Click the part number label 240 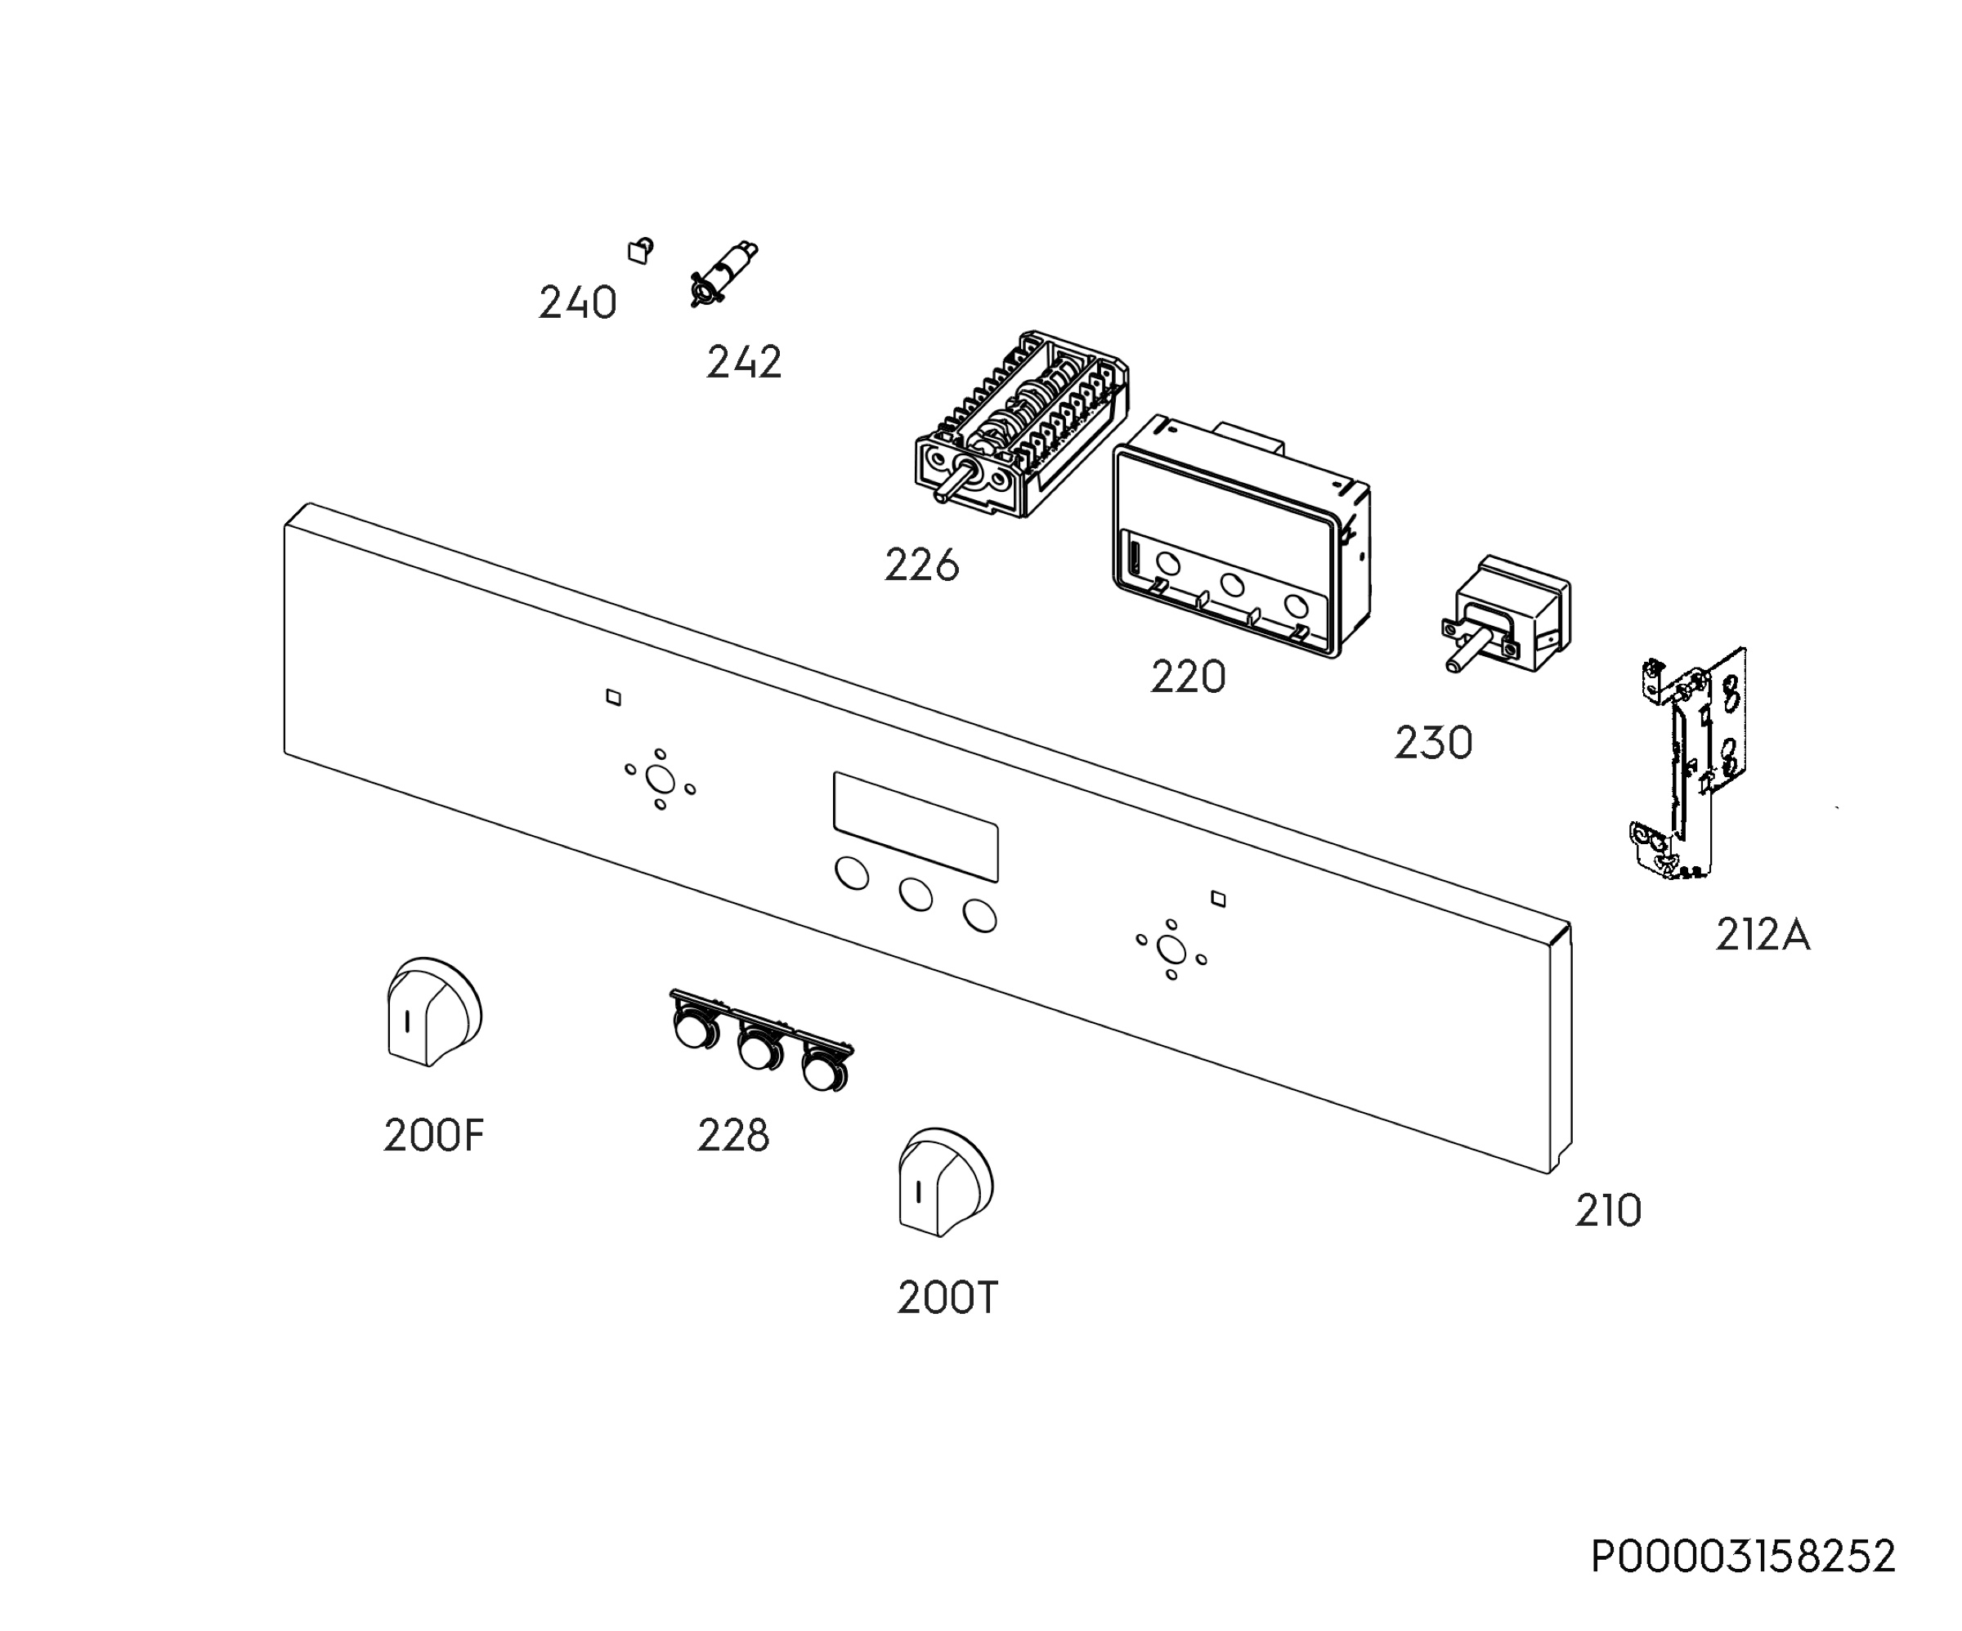(x=577, y=302)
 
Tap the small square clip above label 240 (x=640, y=250)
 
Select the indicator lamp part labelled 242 (x=723, y=273)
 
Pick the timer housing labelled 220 (x=1242, y=536)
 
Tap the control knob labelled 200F (x=433, y=1012)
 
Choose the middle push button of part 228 (x=759, y=1051)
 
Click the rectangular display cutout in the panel (x=916, y=827)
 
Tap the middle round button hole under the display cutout (x=916, y=894)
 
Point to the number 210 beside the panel (x=1608, y=1211)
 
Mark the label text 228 (x=733, y=1135)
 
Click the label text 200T (x=947, y=1298)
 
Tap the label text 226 (x=922, y=565)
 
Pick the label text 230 (x=1433, y=743)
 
